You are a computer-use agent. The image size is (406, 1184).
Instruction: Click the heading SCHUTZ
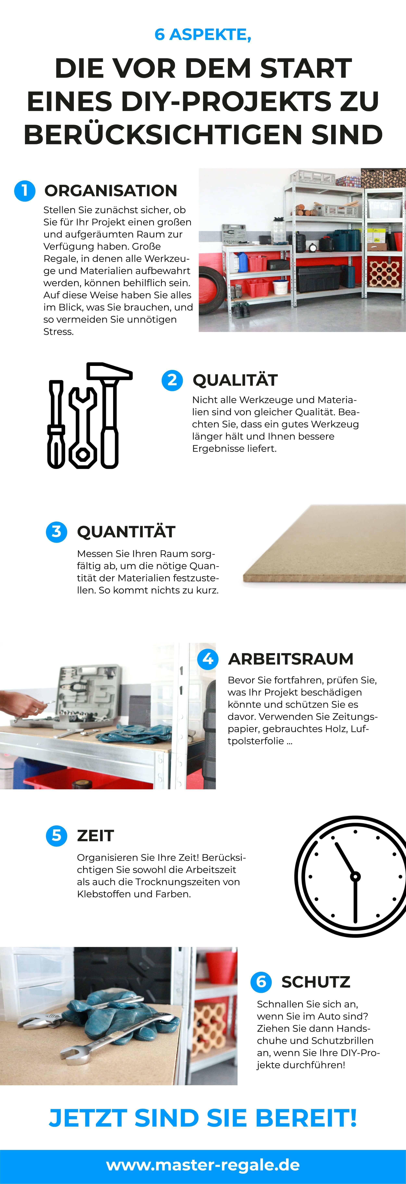[x=316, y=982]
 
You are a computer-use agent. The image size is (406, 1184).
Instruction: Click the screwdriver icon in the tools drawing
[x=56, y=424]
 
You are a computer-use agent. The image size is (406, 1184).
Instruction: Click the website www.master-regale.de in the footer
[x=203, y=1165]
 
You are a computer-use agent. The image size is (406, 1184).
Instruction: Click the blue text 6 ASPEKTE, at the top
[x=203, y=35]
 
